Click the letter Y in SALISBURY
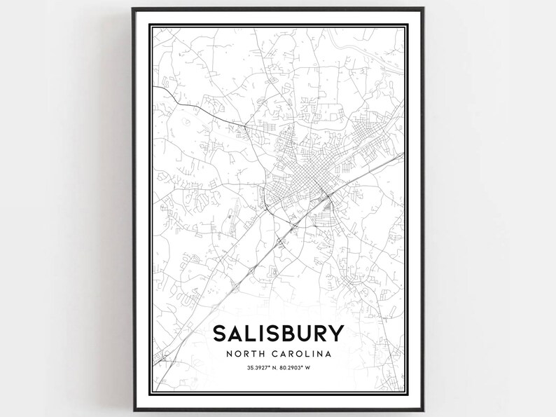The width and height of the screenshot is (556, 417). (x=335, y=331)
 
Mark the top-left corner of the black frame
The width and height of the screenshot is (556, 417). (x=133, y=9)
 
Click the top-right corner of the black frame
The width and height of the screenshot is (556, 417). (x=423, y=9)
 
